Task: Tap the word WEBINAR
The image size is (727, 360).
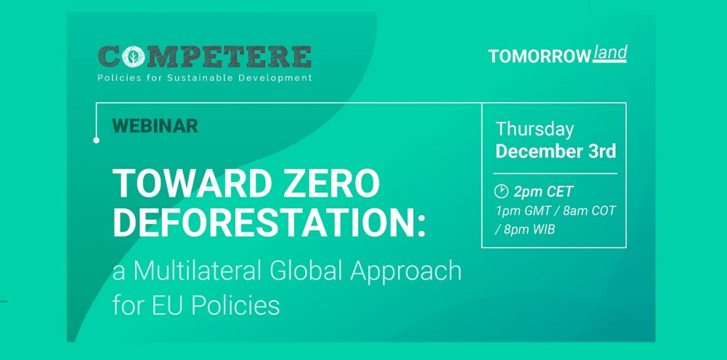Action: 155,126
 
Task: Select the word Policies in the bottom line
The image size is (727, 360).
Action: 235,305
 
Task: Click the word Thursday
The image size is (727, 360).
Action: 534,128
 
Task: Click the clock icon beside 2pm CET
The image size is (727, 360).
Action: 501,191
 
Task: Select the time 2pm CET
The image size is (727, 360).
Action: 544,192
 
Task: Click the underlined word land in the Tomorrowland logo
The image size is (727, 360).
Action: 610,52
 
